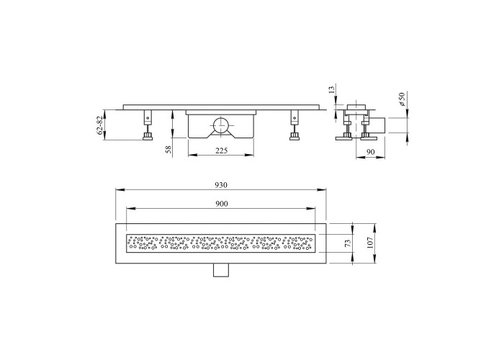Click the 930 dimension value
[x=221, y=185]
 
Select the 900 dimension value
[x=221, y=204]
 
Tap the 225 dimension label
[x=221, y=150]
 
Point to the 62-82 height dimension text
[x=100, y=125]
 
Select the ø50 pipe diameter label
[x=402, y=99]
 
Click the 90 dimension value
[x=371, y=152]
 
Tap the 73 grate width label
[x=348, y=243]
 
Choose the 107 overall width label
[x=369, y=243]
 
